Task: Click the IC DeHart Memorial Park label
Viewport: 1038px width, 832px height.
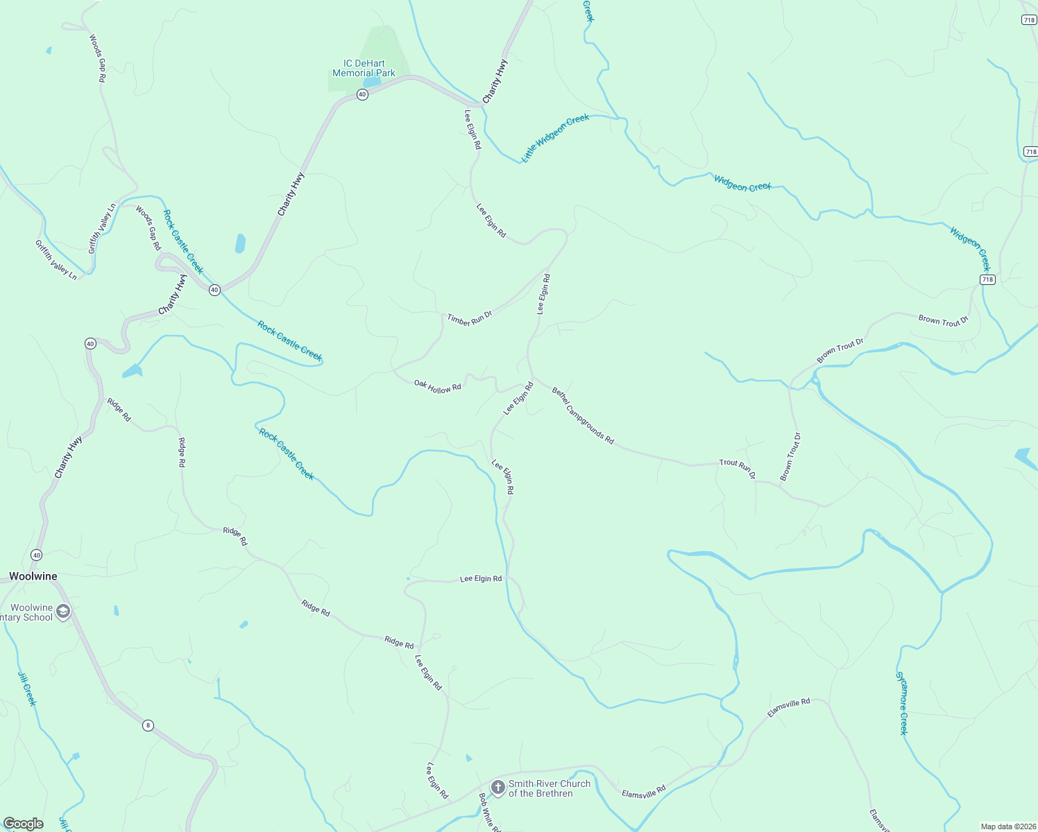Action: (x=364, y=68)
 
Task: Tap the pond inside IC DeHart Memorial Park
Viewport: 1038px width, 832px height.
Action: (x=371, y=82)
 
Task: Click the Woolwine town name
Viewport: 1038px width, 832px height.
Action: (x=33, y=576)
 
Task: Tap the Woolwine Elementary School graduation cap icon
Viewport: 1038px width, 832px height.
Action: (x=63, y=612)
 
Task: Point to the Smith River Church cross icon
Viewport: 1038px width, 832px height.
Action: (x=497, y=787)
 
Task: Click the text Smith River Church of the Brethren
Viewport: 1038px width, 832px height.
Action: (x=549, y=788)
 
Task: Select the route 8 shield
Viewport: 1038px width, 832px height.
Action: (x=148, y=725)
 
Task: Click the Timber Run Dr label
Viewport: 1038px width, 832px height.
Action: (x=470, y=318)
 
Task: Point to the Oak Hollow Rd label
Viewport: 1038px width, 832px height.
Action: (x=437, y=386)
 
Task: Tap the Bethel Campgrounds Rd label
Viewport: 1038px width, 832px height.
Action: (x=583, y=415)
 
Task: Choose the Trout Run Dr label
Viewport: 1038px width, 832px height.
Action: (x=737, y=468)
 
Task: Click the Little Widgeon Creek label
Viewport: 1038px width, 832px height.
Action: (x=555, y=138)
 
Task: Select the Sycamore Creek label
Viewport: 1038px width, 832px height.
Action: (x=901, y=703)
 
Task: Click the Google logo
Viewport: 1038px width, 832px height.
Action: (x=23, y=823)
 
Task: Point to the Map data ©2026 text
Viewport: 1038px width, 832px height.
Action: (x=1007, y=826)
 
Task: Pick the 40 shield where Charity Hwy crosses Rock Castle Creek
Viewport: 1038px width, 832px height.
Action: (x=215, y=290)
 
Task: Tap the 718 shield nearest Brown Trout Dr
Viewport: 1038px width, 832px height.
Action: (x=987, y=279)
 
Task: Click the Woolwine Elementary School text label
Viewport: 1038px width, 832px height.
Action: (x=28, y=612)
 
